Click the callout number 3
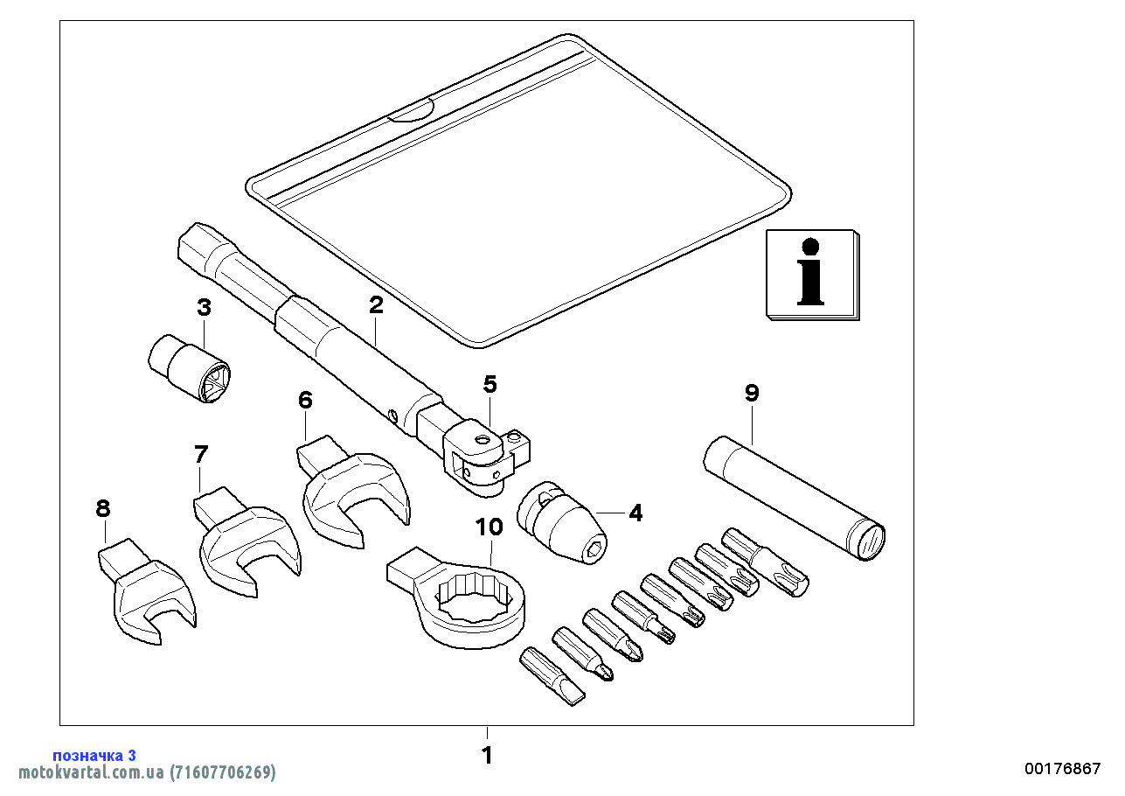204,308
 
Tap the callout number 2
376,305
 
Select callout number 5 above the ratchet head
490,384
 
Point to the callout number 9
752,394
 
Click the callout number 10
490,527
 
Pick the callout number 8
103,507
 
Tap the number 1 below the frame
488,755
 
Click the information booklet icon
812,275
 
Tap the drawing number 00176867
1063,769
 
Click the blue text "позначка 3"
94,755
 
